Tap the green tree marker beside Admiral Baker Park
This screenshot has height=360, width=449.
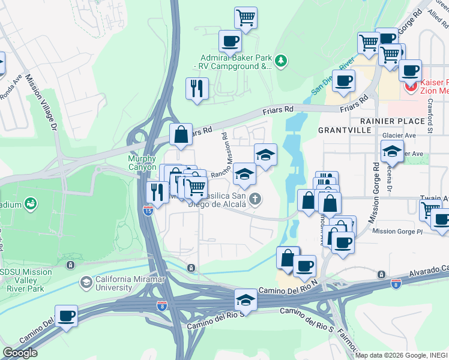280,61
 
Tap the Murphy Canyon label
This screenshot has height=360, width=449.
142,163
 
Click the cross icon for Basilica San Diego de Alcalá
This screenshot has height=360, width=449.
256,199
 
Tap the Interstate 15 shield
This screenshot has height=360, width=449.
148,210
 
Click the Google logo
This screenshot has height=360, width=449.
20,353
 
